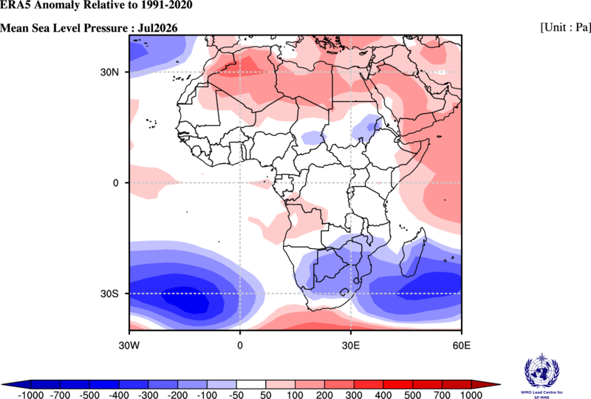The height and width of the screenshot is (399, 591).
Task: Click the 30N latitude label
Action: (109, 72)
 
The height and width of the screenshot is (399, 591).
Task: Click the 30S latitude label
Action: (109, 293)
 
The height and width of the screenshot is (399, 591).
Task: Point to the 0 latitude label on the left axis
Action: (115, 183)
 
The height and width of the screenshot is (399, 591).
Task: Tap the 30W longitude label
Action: (129, 345)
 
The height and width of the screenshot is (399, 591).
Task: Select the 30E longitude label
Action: (350, 345)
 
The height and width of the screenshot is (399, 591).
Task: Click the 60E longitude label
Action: (461, 345)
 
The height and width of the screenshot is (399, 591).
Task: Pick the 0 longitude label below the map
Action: (240, 345)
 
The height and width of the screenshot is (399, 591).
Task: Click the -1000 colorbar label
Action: (31, 395)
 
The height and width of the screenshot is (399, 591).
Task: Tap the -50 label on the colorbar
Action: (236, 395)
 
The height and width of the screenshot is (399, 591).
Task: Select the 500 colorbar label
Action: (413, 395)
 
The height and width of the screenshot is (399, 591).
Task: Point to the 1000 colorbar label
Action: (471, 395)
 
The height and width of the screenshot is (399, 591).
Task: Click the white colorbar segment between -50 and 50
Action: (251, 384)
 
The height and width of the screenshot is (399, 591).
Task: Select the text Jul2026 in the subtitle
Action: (157, 28)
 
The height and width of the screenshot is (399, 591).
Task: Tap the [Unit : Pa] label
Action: (565, 27)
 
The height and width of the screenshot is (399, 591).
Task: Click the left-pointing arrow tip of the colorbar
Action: (3, 384)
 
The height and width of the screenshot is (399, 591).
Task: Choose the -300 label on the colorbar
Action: (148, 395)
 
